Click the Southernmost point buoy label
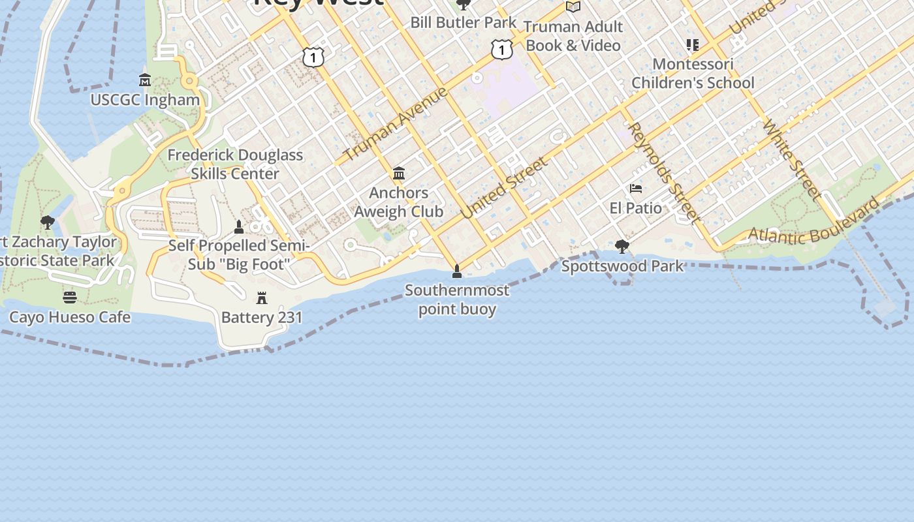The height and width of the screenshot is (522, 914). (457, 299)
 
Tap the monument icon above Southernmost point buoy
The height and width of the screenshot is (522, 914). (457, 271)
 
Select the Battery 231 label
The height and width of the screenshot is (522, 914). (262, 318)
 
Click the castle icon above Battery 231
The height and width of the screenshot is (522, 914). (262, 298)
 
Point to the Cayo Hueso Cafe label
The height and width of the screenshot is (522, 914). (70, 317)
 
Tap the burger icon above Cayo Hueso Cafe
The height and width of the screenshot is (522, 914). (70, 298)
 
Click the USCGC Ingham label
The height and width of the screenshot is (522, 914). (145, 100)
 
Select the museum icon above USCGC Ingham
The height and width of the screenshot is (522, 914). (145, 80)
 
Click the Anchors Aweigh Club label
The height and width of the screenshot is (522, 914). (398, 202)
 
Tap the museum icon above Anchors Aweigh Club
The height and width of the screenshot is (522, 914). (399, 174)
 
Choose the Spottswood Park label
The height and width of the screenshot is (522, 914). (622, 266)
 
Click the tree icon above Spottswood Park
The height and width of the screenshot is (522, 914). (622, 247)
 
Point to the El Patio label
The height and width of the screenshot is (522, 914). (635, 208)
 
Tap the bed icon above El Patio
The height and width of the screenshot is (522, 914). (636, 189)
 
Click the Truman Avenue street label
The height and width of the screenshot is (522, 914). (396, 123)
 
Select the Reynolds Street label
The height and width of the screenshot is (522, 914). (664, 172)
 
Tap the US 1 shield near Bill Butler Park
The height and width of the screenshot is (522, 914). (501, 49)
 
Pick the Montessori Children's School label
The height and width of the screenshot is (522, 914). (693, 74)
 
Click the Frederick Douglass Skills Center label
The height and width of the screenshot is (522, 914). (235, 164)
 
